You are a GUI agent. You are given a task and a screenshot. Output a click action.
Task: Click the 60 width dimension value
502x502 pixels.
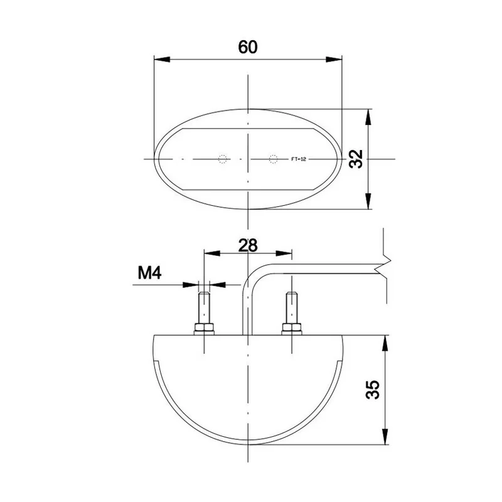247,47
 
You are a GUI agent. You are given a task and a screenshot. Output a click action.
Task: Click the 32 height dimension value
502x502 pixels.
356,159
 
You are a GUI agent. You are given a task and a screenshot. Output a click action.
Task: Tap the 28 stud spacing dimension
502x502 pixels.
247,245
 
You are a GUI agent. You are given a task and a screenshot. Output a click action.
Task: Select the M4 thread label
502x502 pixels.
149,273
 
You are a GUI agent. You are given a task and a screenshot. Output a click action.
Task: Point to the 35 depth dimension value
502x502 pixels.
372,390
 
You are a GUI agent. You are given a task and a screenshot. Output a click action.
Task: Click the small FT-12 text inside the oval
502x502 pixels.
299,159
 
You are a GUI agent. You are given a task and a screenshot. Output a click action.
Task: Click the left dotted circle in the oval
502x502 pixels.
223,159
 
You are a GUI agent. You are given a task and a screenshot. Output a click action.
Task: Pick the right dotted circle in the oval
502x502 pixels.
273,159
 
